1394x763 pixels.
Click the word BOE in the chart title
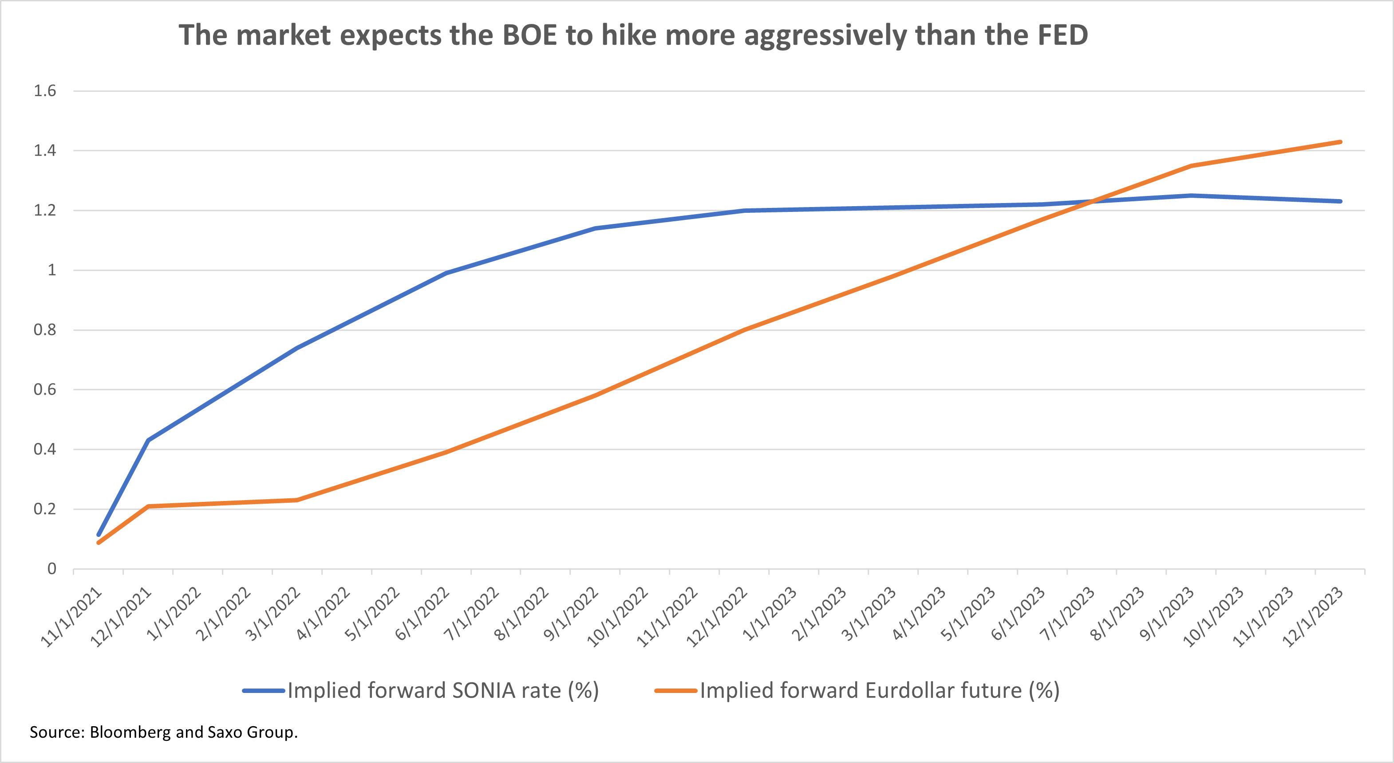tap(530, 36)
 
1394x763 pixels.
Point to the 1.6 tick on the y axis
tap(45, 91)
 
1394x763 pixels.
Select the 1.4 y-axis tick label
tap(45, 150)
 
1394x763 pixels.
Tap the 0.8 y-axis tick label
tap(45, 330)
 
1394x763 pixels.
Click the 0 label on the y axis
tap(51, 569)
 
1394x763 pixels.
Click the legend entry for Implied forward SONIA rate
tap(421, 691)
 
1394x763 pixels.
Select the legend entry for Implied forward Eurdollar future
tap(857, 691)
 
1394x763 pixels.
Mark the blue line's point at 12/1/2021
tap(148, 440)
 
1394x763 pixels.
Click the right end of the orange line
tap(1340, 142)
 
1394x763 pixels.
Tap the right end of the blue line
tap(1340, 201)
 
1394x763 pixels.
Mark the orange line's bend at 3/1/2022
tap(296, 500)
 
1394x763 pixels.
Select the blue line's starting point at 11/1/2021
tap(99, 535)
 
